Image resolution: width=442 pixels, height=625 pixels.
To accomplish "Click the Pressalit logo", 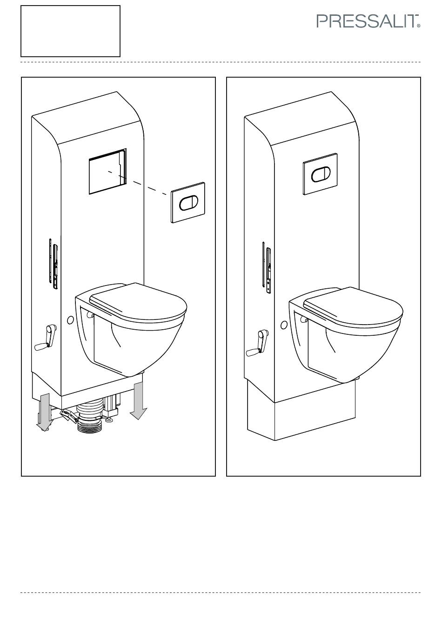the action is coord(368,21).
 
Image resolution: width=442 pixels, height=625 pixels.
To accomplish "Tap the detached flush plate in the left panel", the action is coord(188,203).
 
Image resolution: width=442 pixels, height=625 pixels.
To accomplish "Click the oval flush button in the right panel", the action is coord(321,174).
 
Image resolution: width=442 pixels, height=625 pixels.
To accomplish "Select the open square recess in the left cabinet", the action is coord(108,171).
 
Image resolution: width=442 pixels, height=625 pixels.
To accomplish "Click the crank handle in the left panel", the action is coord(46,337).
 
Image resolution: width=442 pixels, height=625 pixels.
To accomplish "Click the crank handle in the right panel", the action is coord(257,343).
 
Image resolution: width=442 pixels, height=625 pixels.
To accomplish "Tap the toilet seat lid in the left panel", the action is coord(138,303).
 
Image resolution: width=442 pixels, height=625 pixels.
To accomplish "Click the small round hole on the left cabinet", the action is coord(70,320).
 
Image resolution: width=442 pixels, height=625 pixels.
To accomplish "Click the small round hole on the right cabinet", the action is coord(284,325).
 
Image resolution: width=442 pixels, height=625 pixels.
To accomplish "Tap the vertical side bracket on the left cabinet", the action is coord(54,264).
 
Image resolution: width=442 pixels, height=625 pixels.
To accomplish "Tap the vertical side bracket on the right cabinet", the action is coord(266,267).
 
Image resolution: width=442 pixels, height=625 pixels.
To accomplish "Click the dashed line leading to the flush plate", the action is coord(138,183).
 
